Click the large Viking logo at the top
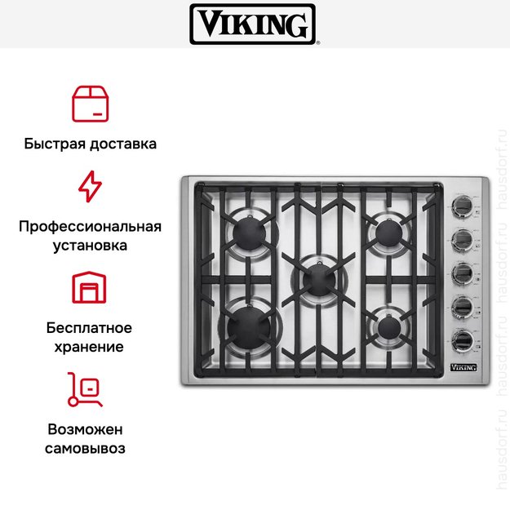coord(252,24)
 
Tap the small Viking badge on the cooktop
coord(463,367)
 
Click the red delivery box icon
coord(90,104)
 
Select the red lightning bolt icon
coord(90,186)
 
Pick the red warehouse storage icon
coord(89,287)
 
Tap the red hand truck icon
coord(85,389)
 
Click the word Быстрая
coord(55,144)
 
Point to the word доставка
coord(123,144)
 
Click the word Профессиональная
coord(90,226)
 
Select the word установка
coord(90,246)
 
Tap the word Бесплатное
coord(89,328)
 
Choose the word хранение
coord(89,347)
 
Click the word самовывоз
coord(85,448)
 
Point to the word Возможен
coord(85,429)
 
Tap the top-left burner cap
coord(250,233)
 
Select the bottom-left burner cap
coord(249,327)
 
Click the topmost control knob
coord(462,206)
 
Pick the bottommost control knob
coord(463,340)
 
